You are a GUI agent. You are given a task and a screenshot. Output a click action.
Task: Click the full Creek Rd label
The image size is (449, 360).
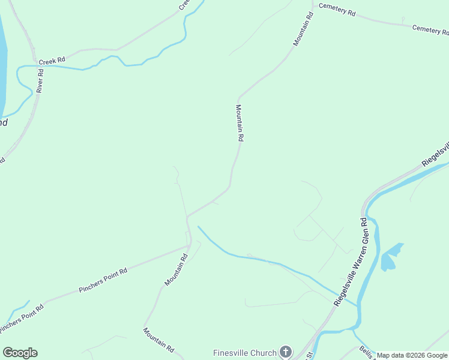(x=52, y=61)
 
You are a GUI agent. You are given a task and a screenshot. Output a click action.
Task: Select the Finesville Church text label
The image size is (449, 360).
(x=245, y=352)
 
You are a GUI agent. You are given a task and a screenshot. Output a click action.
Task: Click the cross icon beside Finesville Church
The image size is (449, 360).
(x=286, y=352)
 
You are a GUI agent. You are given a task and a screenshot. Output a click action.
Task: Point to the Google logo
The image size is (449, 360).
(x=20, y=353)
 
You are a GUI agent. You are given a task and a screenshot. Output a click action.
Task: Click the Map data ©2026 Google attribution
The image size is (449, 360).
(x=412, y=355)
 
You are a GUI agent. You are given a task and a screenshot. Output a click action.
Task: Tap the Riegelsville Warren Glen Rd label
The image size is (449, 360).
(x=351, y=262)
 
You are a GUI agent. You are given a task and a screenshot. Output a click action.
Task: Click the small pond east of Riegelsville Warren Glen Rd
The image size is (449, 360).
(x=390, y=257)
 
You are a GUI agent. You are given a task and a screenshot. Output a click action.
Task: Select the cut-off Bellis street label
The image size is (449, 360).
(x=367, y=353)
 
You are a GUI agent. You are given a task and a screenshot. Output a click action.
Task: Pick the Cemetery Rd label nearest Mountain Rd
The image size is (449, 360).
(x=337, y=10)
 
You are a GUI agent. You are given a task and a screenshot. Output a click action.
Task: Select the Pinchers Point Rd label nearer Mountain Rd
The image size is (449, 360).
(x=103, y=280)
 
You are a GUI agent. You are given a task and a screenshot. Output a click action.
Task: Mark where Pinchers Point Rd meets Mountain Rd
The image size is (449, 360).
(x=190, y=245)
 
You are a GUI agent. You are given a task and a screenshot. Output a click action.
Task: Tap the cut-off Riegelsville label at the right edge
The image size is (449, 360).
(x=436, y=155)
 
